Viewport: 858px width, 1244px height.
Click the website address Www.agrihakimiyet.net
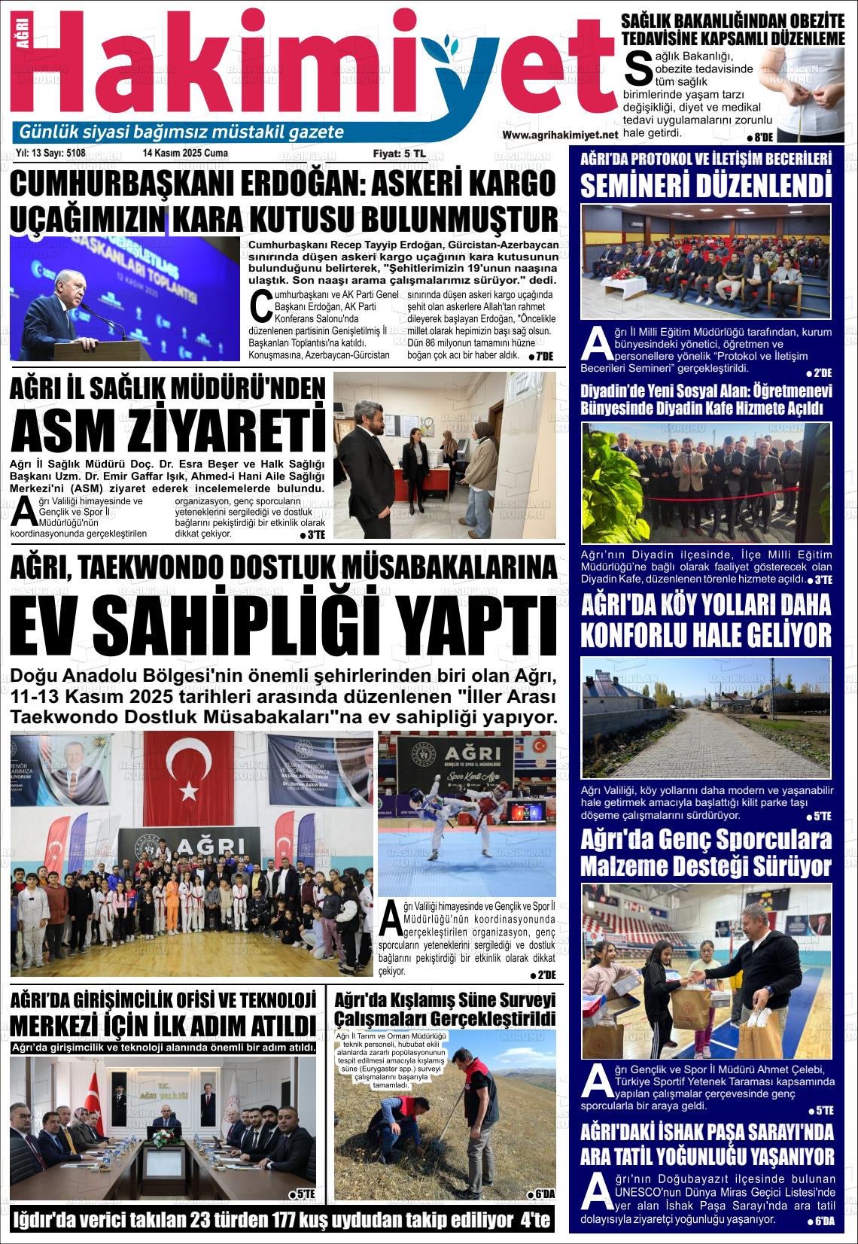pyautogui.click(x=559, y=135)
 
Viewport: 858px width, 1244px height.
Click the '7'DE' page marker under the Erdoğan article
pyautogui.click(x=540, y=356)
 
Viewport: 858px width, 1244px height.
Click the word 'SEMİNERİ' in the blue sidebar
pyautogui.click(x=648, y=185)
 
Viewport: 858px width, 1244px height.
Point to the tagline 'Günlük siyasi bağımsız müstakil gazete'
pyautogui.click(x=181, y=132)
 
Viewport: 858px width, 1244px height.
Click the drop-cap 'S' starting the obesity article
pyautogui.click(x=637, y=68)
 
